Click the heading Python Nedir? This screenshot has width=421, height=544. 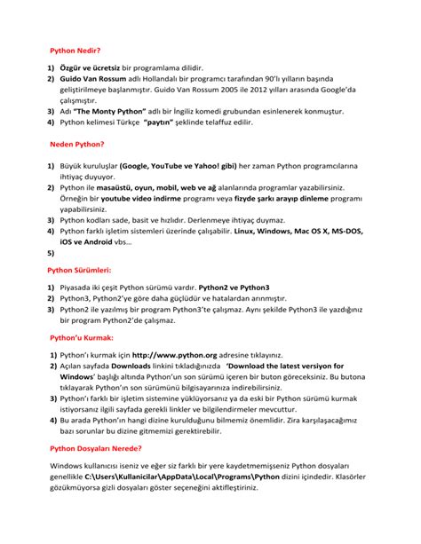coord(75,51)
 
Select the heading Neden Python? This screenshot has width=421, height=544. coord(77,144)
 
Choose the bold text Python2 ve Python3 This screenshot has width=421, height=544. coord(233,288)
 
